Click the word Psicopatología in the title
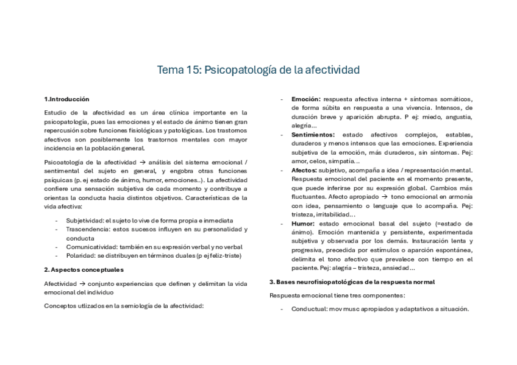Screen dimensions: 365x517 click(239, 70)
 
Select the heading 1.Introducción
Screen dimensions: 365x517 click(66, 99)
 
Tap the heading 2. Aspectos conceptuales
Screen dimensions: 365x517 click(84, 269)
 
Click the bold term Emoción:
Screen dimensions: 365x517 click(306, 99)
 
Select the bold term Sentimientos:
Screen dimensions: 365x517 click(313, 134)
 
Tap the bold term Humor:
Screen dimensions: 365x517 click(303, 224)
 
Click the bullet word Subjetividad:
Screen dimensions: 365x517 click(85, 220)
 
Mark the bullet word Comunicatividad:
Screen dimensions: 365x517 click(91, 247)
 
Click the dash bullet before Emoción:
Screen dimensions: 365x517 click(281, 99)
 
